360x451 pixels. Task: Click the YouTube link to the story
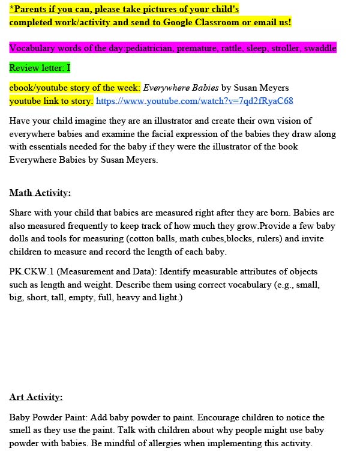[x=194, y=101]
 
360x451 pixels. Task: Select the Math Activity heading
[x=40, y=193]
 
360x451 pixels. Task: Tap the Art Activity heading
[x=36, y=397]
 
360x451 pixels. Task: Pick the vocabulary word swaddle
[x=320, y=48]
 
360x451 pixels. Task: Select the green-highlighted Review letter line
[x=40, y=68]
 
